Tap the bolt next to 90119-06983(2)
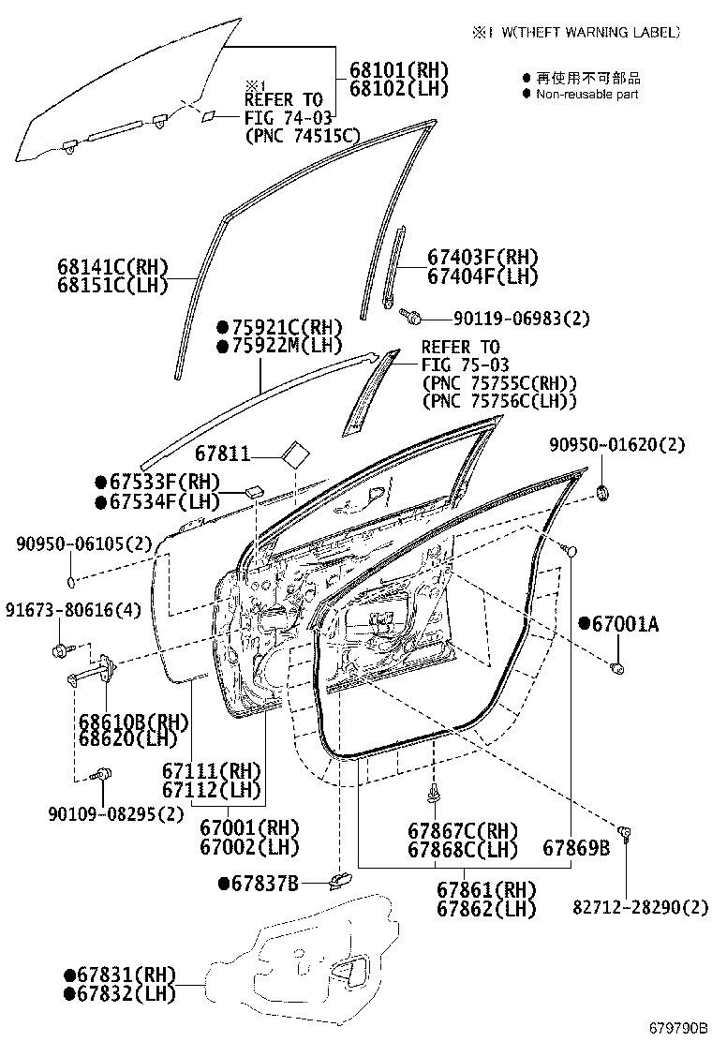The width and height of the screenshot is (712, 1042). coord(409,317)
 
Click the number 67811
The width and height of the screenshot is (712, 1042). coord(222,454)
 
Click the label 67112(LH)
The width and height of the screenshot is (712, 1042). coord(211,789)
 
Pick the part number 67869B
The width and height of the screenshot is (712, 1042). coord(576,848)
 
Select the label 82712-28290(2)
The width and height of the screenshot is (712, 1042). coord(642,906)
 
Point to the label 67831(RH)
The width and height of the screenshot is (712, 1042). coord(120,975)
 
